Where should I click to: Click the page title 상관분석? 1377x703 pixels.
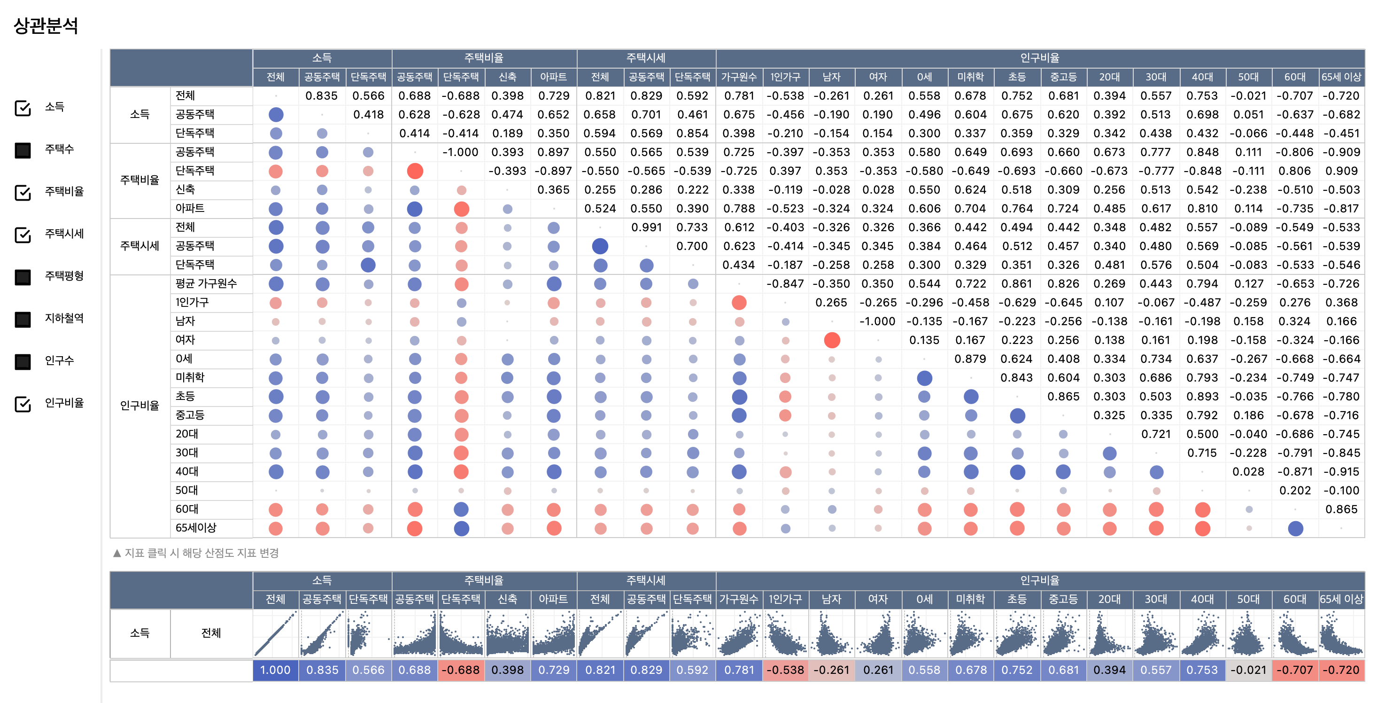click(46, 26)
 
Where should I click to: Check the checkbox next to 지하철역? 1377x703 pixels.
click(23, 320)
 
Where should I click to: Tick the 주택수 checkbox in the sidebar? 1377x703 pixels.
click(23, 150)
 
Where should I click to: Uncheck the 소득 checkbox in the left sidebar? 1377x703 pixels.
click(23, 108)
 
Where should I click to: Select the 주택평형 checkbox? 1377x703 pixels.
click(23, 277)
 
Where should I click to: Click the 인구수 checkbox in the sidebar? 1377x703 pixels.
click(23, 362)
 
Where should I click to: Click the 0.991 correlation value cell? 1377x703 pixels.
click(646, 227)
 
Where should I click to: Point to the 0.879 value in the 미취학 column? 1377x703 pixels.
click(970, 359)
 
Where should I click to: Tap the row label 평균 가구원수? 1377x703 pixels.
click(206, 283)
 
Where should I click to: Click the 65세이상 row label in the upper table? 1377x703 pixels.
click(196, 528)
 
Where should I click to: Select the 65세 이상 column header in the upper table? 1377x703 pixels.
click(1341, 77)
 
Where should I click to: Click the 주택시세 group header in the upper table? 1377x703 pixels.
click(646, 58)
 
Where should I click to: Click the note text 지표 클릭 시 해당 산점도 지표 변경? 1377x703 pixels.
click(201, 553)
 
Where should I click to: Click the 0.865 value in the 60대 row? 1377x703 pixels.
click(1341, 509)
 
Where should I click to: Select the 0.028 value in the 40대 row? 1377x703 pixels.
click(1249, 472)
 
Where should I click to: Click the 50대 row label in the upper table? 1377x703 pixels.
click(186, 491)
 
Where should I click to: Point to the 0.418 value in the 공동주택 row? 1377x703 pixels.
click(368, 115)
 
